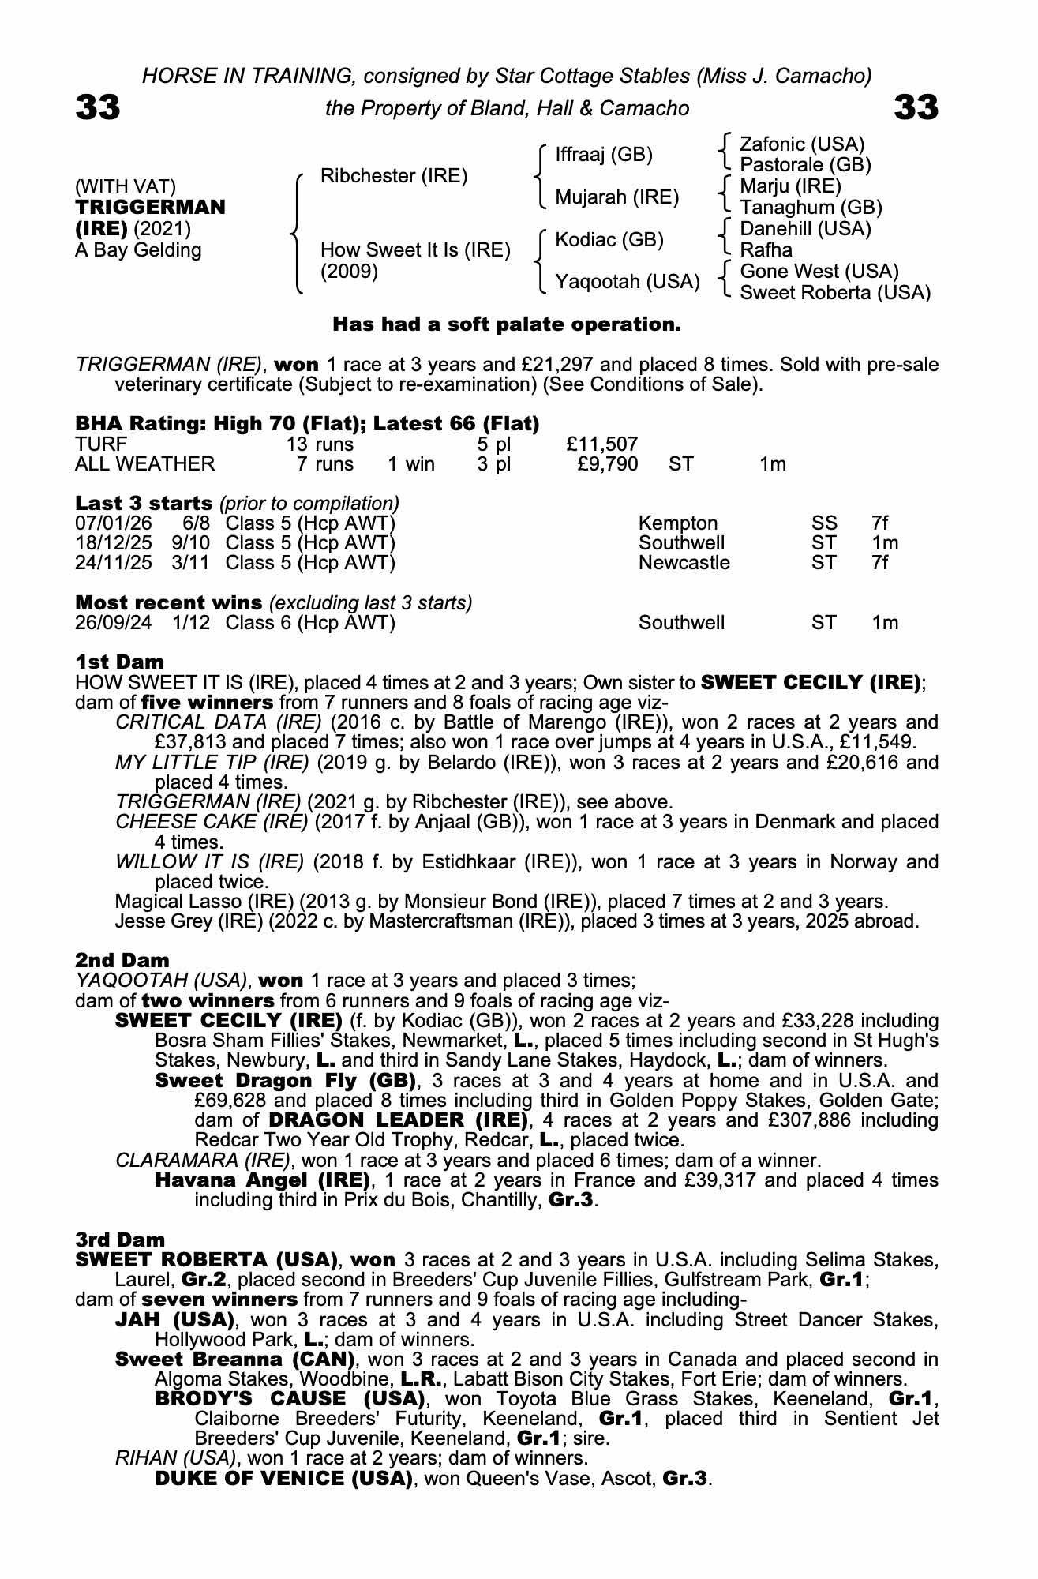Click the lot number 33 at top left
[x=98, y=107]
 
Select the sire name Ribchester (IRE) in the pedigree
[x=394, y=176]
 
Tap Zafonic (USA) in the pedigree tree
[x=802, y=144]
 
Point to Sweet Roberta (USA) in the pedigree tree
[x=835, y=293]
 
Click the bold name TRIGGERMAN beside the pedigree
[x=150, y=208]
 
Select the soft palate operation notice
[x=506, y=324]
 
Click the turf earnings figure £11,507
[x=602, y=444]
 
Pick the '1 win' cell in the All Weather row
[x=411, y=464]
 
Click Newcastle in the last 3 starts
[x=684, y=563]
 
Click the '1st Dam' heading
[x=119, y=662]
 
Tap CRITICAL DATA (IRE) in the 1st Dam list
[x=219, y=722]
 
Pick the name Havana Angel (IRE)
[x=263, y=1180]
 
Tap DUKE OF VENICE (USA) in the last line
[x=284, y=1479]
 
